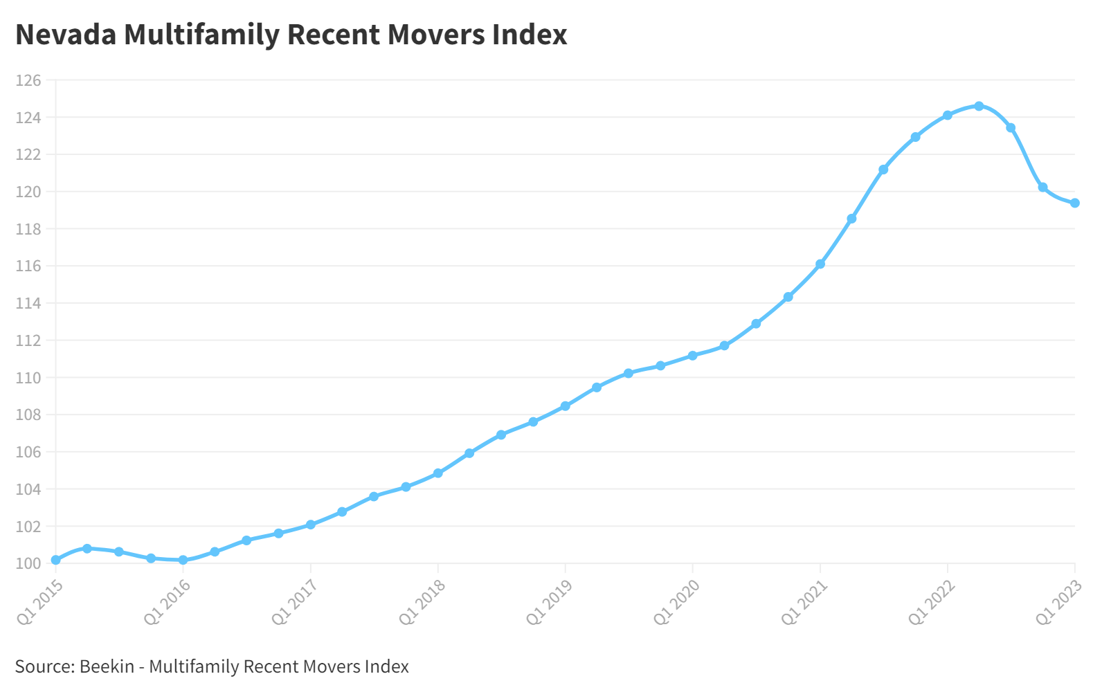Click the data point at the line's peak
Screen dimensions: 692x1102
(x=979, y=107)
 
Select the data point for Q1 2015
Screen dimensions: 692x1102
(x=56, y=560)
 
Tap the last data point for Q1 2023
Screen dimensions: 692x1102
(x=1075, y=203)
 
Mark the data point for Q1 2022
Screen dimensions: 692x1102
(x=948, y=116)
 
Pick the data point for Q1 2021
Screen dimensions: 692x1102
(x=820, y=264)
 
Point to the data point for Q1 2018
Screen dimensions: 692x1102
(x=438, y=473)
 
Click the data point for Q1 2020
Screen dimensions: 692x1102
(x=693, y=356)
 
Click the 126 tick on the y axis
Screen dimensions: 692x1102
(x=28, y=81)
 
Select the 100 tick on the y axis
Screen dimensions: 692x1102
(x=28, y=564)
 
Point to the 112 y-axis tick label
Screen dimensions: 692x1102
(x=28, y=341)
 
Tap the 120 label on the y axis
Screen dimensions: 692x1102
(x=28, y=192)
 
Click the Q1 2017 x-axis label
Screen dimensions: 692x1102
(x=294, y=602)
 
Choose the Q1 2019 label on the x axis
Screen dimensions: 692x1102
(x=549, y=602)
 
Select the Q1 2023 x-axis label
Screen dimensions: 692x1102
(x=1058, y=602)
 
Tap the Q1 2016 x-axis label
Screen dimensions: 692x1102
(x=167, y=602)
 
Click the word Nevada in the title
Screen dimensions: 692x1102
(x=66, y=35)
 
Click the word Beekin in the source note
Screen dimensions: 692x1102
(x=107, y=666)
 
